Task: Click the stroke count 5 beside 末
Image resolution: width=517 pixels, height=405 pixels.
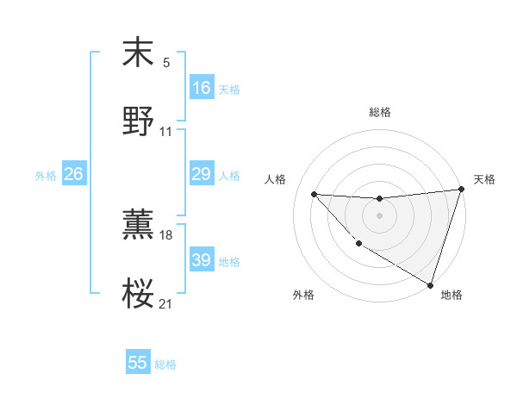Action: click(166, 62)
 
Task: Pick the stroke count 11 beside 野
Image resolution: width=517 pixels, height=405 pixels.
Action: click(166, 132)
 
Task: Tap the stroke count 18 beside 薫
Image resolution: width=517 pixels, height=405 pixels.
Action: click(166, 234)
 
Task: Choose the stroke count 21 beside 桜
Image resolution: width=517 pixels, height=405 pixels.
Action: click(166, 304)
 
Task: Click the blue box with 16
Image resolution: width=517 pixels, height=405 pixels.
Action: click(202, 87)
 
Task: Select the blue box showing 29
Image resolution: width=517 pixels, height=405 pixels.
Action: click(202, 174)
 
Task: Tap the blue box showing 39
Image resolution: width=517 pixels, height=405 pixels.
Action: click(202, 260)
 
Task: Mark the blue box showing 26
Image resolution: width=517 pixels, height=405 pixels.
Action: click(73, 174)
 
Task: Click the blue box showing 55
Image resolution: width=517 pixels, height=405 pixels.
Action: click(138, 363)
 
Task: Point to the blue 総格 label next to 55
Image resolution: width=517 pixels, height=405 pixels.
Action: click(165, 364)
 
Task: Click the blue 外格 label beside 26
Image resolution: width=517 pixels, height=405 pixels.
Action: click(46, 176)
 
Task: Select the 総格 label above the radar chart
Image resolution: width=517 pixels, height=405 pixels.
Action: click(379, 112)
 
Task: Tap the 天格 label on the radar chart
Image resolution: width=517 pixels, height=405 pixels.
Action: click(484, 179)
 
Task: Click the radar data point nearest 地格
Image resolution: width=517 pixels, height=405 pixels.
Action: click(430, 284)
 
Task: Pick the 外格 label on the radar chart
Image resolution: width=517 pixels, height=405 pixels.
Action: click(303, 295)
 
